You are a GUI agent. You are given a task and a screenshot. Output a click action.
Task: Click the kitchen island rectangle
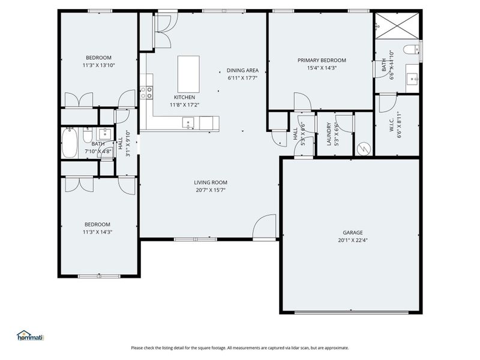188,72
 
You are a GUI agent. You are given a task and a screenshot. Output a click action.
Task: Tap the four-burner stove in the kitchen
146,92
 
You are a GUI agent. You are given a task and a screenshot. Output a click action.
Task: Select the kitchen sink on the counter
189,124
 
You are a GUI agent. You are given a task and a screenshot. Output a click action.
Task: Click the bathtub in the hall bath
70,143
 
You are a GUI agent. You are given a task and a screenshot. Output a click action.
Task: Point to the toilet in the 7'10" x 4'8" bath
88,133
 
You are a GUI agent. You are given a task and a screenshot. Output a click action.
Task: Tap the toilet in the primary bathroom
412,50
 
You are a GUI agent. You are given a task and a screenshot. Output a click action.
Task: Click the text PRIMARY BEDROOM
322,60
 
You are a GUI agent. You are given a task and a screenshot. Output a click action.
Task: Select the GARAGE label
352,232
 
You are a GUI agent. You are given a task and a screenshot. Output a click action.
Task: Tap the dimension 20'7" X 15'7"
210,190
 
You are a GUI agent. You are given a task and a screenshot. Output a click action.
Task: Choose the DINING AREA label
242,70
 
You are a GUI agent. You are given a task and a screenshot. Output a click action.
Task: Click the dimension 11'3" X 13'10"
98,65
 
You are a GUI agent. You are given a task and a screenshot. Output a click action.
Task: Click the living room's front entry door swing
264,227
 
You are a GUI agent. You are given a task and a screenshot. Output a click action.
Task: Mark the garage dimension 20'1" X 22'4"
352,240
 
